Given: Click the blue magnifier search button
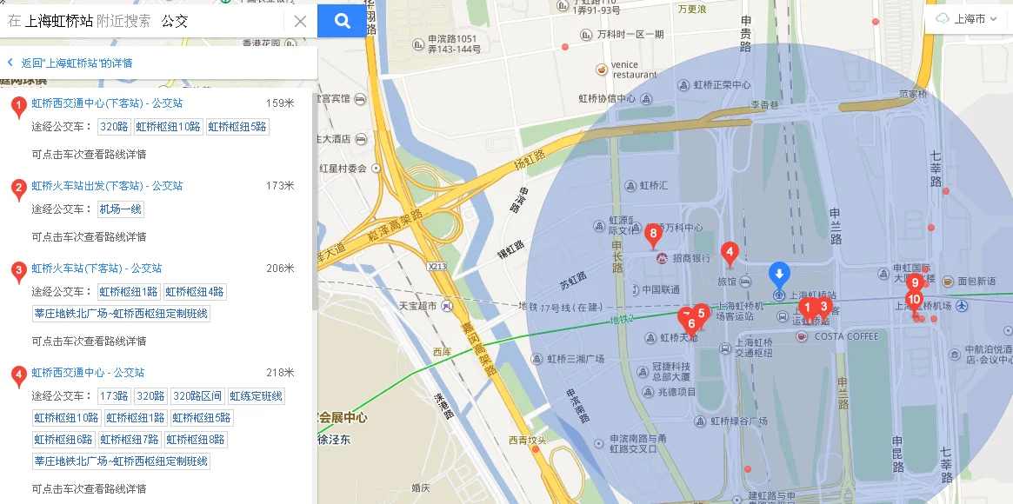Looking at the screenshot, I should tap(342, 21).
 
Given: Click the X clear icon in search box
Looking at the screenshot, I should tap(300, 21).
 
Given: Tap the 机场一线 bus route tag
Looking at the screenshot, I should tap(121, 209).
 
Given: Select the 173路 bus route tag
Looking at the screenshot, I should tap(114, 396).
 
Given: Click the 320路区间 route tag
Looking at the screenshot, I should tap(197, 396).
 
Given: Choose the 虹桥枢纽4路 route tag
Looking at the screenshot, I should tap(195, 292).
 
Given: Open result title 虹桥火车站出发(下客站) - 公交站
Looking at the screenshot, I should tap(107, 186).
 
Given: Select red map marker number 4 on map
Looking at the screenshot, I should tap(730, 254).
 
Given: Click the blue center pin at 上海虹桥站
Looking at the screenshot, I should tap(780, 275).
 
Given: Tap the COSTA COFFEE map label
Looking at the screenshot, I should tap(847, 336).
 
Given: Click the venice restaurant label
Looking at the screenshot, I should tap(634, 70).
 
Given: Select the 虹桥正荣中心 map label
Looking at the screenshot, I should tap(722, 85).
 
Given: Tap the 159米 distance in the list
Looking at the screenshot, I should tap(280, 103).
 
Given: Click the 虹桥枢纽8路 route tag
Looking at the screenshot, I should tap(196, 440).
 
